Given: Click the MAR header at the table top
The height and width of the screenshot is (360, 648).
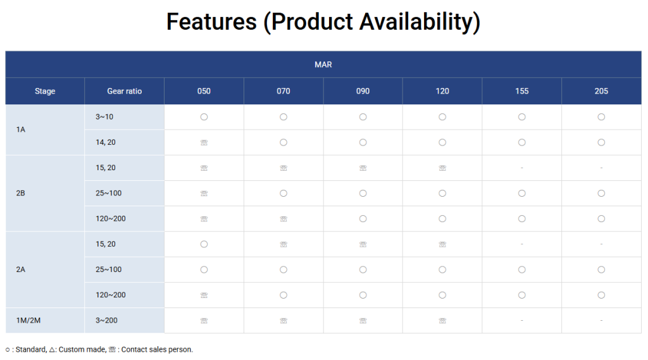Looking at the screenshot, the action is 323,65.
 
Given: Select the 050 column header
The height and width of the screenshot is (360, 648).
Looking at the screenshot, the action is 204,91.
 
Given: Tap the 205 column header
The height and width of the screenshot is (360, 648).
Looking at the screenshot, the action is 601,91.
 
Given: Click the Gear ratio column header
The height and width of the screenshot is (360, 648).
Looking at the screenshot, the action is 125,91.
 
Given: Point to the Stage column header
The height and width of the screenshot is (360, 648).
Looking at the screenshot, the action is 45,91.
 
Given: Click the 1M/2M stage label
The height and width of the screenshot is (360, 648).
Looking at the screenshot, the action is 28,320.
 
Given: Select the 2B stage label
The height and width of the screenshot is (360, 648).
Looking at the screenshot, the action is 21,193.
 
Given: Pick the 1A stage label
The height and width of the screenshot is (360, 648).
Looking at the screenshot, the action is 21,129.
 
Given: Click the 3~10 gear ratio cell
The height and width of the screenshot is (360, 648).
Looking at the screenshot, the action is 104,117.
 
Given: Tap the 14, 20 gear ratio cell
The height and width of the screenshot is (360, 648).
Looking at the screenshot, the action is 106,142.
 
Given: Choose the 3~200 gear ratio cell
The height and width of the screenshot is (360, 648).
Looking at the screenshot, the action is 106,320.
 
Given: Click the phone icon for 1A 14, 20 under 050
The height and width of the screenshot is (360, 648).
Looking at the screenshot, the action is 204,142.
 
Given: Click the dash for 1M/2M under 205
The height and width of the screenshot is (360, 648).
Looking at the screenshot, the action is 601,320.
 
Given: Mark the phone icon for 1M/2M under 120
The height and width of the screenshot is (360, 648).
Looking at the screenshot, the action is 442,321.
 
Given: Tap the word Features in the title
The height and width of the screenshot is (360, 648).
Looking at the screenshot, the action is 211,22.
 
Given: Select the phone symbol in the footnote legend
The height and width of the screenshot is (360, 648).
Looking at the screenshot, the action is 112,350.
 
